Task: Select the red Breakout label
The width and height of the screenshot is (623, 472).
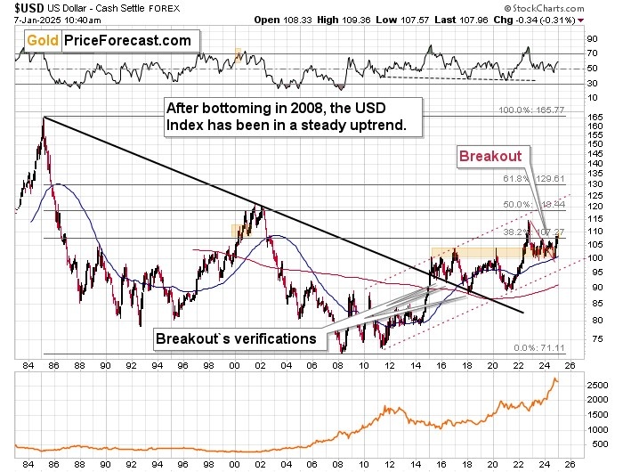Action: (x=489, y=155)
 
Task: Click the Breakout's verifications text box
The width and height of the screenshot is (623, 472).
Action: (x=238, y=338)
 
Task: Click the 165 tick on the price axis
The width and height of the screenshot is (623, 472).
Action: (x=592, y=118)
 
